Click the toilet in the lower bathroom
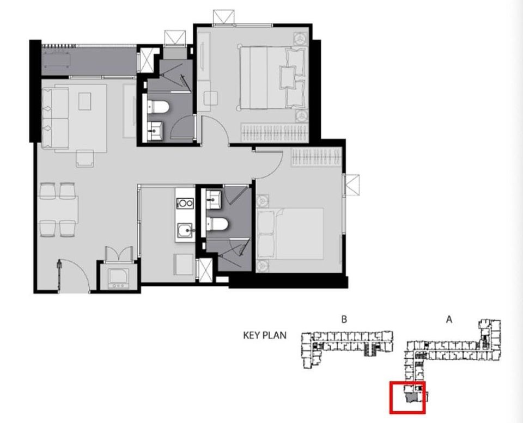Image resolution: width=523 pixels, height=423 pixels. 219,224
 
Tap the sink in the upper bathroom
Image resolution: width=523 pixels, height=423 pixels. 156,128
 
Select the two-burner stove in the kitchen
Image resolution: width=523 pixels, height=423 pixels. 185,203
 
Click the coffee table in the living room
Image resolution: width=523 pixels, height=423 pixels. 85,101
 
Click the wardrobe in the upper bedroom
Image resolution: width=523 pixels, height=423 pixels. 275,132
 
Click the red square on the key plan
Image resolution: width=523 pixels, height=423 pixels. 408,397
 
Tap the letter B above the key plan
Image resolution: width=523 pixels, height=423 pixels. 344,320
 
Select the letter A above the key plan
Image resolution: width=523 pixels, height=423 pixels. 449,320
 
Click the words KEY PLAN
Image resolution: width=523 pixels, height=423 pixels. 264,335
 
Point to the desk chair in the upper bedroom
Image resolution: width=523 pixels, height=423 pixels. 210,99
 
